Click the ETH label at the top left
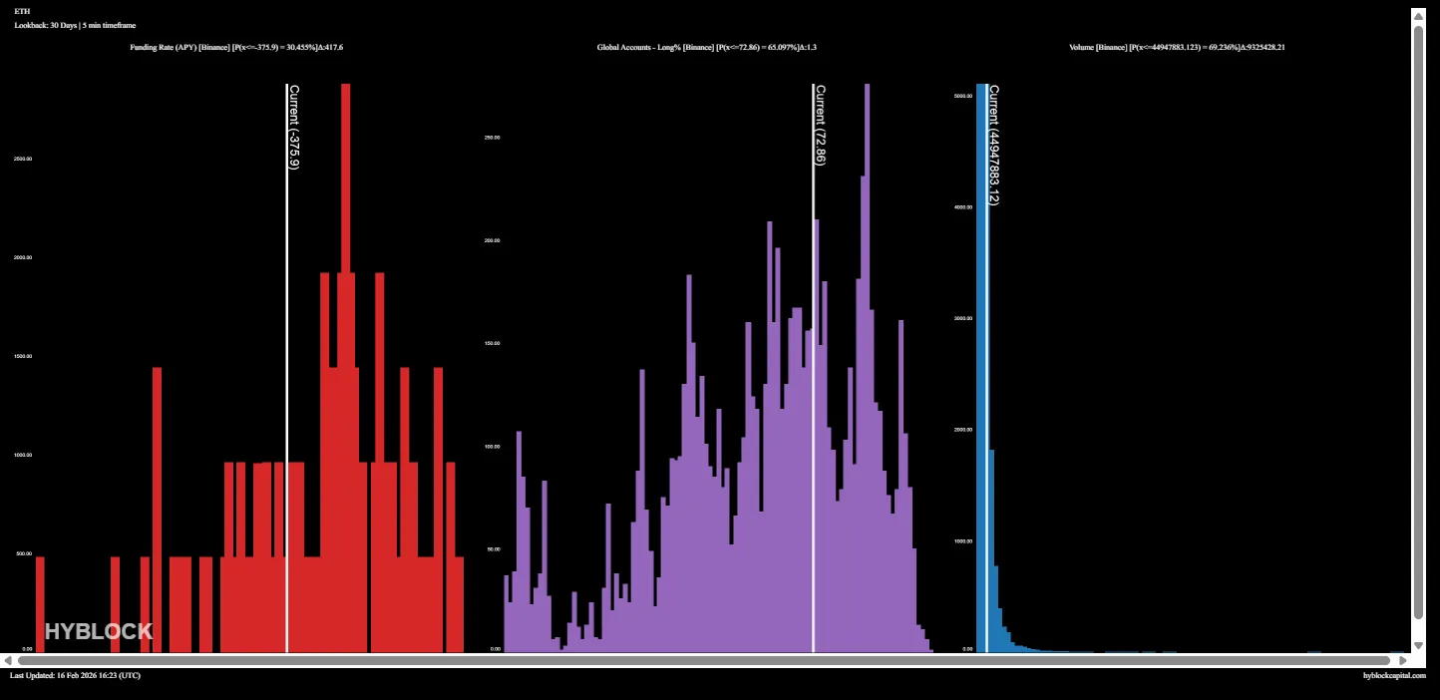tap(22, 11)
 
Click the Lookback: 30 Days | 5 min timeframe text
tap(75, 25)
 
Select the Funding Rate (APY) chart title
tap(236, 47)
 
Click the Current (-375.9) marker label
tap(294, 127)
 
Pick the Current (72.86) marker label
tap(821, 125)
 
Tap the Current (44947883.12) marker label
tap(994, 145)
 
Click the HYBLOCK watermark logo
tap(99, 631)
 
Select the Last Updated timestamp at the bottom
tap(75, 675)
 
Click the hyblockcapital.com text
tap(1394, 675)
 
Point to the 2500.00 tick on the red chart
tap(22, 159)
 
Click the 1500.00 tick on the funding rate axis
tap(22, 356)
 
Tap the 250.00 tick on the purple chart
tap(492, 138)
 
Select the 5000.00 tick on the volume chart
tap(962, 97)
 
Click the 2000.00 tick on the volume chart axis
tap(962, 430)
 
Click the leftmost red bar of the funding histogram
tap(40, 604)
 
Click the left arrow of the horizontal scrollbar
tap(8, 660)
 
